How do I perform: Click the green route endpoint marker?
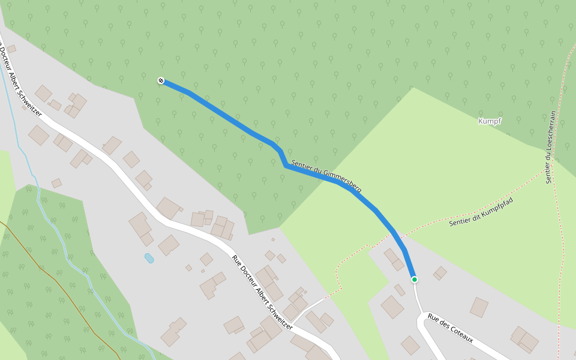coord(414,280)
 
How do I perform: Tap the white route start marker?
coord(161,80)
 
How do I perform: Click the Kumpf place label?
coord(490,121)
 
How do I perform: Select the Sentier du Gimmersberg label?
coord(326,176)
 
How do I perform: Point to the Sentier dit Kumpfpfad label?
coord(482,211)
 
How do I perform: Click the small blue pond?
coord(149,258)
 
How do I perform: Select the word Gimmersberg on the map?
coord(342,182)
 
